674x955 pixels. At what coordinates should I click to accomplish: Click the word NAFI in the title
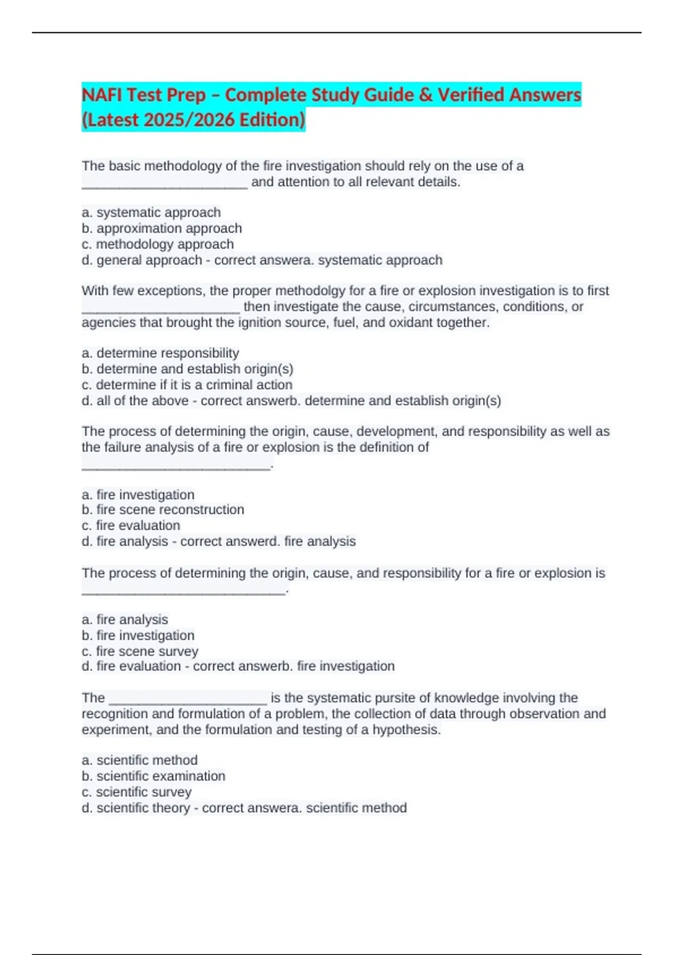pyautogui.click(x=102, y=94)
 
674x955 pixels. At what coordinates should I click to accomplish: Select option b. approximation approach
pyautogui.click(x=162, y=229)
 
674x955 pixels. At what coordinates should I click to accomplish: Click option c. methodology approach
pyautogui.click(x=158, y=244)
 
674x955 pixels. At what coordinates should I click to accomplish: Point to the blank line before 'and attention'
pyautogui.click(x=165, y=185)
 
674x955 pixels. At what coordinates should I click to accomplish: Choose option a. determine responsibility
pyautogui.click(x=161, y=353)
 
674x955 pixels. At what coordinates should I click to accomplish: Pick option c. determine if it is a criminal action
pyautogui.click(x=187, y=385)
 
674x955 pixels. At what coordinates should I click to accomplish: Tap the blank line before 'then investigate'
pyautogui.click(x=161, y=310)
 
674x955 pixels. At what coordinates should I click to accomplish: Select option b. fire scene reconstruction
pyautogui.click(x=163, y=510)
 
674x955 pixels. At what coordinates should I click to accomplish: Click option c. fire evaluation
pyautogui.click(x=131, y=525)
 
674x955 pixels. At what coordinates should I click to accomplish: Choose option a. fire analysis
pyautogui.click(x=125, y=619)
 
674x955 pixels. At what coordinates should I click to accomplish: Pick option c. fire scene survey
pyautogui.click(x=140, y=651)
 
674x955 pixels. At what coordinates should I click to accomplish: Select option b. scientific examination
pyautogui.click(x=153, y=776)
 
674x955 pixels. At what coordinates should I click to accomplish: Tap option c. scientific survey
pyautogui.click(x=136, y=792)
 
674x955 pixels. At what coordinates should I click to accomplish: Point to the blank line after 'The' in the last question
pyautogui.click(x=188, y=701)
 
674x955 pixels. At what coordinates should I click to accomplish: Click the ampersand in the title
pyautogui.click(x=426, y=94)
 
